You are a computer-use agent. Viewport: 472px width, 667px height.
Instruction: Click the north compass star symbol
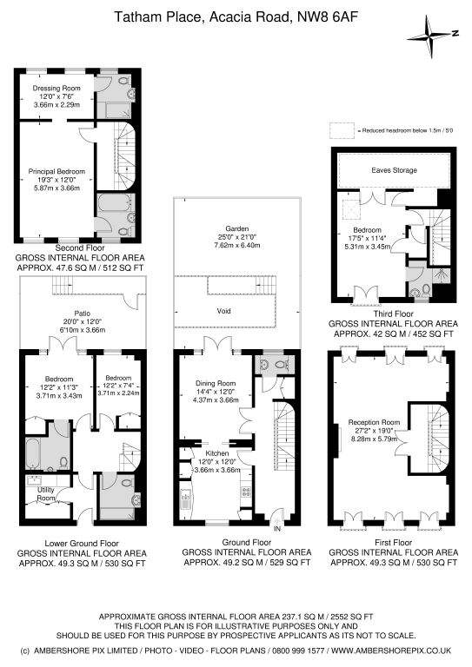[432, 36]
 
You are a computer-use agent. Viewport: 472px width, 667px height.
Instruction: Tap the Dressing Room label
[57, 88]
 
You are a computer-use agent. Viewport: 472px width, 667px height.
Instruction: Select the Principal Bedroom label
[57, 171]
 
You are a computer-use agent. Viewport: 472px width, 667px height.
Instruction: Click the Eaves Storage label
[394, 170]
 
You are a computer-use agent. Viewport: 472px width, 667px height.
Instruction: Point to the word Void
[224, 311]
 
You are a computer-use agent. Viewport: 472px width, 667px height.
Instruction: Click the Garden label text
[237, 229]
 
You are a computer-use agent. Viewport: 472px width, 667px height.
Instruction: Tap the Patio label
[82, 314]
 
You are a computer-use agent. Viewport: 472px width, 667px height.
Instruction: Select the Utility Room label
[46, 494]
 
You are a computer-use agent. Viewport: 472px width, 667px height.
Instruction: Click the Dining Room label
[216, 383]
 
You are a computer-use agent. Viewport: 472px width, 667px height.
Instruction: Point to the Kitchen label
[217, 453]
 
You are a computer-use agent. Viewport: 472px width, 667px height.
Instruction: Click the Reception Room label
[374, 422]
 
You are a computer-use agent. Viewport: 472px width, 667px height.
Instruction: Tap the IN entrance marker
[277, 529]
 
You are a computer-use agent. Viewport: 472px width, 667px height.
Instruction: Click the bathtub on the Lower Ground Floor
[33, 453]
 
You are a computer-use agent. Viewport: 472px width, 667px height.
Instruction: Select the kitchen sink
[185, 500]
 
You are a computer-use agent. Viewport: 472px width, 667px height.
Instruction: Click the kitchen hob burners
[246, 492]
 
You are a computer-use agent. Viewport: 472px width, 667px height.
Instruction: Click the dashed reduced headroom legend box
[342, 130]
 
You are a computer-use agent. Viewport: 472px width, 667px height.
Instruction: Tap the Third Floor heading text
[394, 314]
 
